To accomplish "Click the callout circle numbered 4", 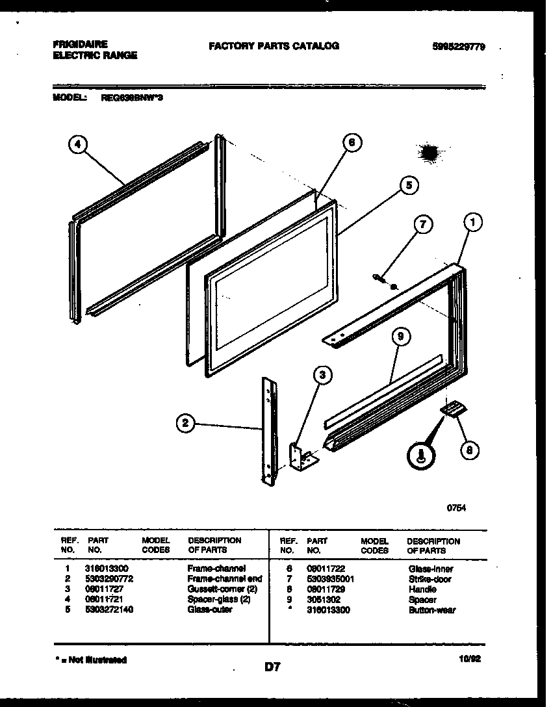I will click(77, 146).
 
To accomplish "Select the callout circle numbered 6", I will click(351, 144).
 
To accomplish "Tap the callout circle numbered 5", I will click(408, 186).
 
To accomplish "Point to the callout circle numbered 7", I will click(422, 225).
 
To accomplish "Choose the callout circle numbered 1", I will click(474, 222).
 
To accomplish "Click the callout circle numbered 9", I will click(402, 337).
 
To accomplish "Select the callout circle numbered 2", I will click(186, 424).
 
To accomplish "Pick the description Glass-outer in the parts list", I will click(209, 610).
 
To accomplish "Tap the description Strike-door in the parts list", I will click(429, 578).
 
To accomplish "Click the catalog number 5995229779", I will click(458, 47).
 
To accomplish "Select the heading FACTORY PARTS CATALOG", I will click(274, 46).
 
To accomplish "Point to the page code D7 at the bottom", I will click(272, 666).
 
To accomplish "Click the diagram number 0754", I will click(456, 509).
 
